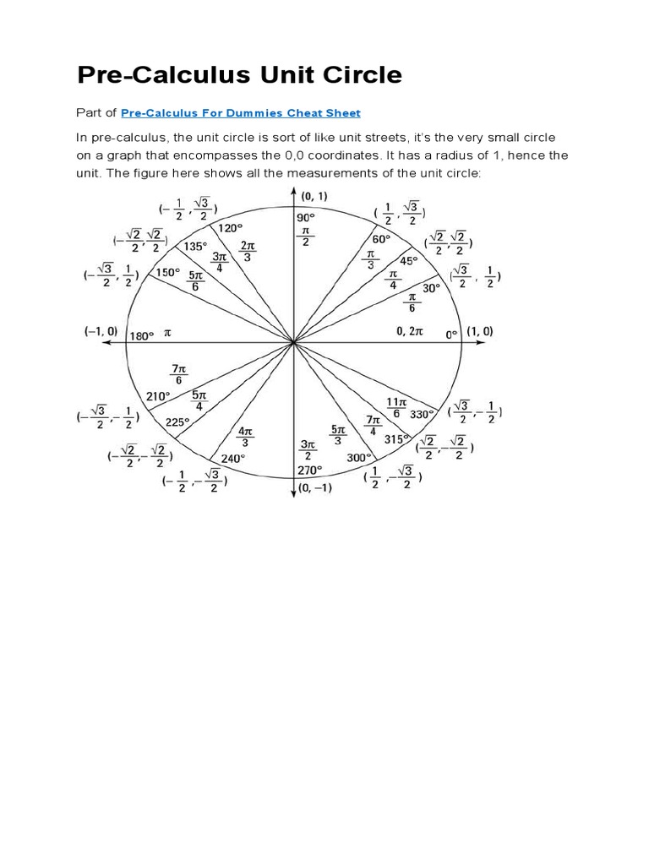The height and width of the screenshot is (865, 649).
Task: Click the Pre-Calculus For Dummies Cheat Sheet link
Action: pyautogui.click(x=241, y=112)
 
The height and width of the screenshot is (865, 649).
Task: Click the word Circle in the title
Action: pyautogui.click(x=354, y=74)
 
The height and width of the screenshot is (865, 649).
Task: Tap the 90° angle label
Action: pyautogui.click(x=304, y=217)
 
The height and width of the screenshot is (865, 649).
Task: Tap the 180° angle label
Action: pyautogui.click(x=141, y=335)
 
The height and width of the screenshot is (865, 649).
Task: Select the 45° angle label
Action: pyautogui.click(x=409, y=261)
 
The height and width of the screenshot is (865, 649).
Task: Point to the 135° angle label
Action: pyautogui.click(x=195, y=247)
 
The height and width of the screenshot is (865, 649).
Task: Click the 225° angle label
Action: pyautogui.click(x=178, y=422)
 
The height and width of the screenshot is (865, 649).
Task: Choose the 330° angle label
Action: pyautogui.click(x=423, y=414)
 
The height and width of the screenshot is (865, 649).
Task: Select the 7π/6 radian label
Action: pyautogui.click(x=178, y=374)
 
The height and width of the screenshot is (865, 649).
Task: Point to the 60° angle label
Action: pyautogui.click(x=382, y=239)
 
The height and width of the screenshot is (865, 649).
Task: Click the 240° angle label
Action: pyautogui.click(x=232, y=459)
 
